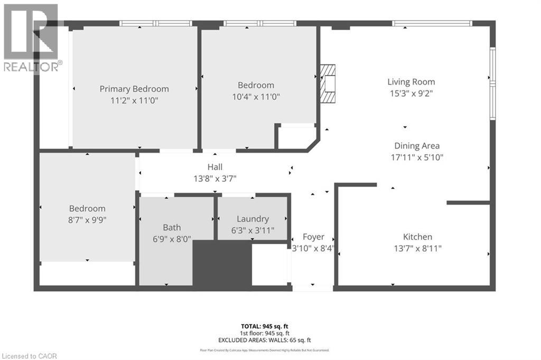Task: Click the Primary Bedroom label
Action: coord(134,89)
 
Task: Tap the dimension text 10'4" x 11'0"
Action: coord(256,97)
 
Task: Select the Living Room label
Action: coord(411,82)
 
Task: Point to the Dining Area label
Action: coord(417,146)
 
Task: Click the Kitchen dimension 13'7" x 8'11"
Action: coord(417,248)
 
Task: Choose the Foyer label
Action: coord(313,237)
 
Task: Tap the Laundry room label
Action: coord(253,219)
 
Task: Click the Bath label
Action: coord(172,228)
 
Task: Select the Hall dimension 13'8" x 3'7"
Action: coord(214,179)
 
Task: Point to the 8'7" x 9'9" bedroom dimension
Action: coord(87,220)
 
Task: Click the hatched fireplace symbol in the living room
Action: coord(329,84)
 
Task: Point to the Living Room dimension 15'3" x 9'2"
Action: coord(411,94)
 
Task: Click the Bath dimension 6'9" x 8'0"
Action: coord(172,239)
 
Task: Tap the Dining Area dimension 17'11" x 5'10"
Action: coord(417,157)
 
